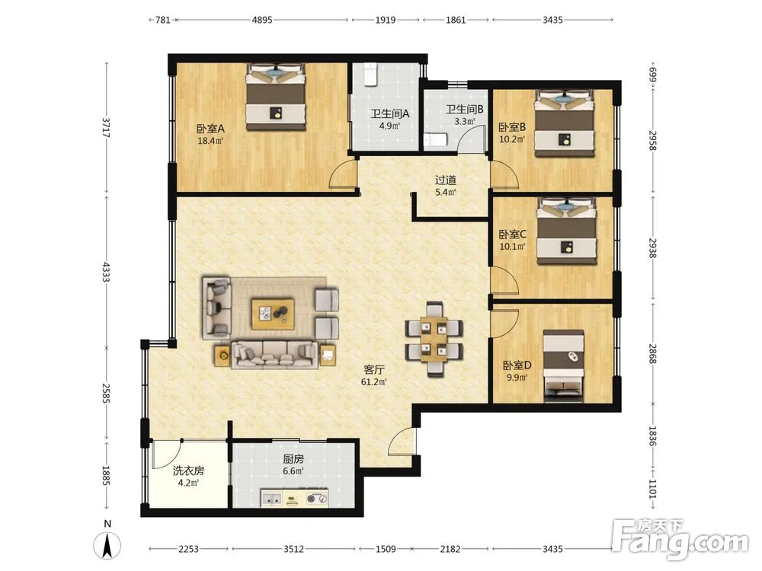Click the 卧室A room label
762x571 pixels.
point(210,129)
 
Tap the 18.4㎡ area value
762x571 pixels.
point(210,142)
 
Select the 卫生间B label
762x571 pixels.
point(465,110)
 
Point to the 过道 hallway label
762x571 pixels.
point(446,180)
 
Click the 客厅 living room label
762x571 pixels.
point(374,370)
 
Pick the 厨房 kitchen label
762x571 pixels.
point(293,459)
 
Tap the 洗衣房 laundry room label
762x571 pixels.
point(188,471)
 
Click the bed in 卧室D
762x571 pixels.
point(563,366)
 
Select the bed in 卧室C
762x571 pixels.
point(567,231)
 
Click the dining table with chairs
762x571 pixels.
point(434,339)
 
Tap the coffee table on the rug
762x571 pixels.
point(273,314)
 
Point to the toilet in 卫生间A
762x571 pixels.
point(371,76)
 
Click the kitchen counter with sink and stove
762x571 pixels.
point(295,498)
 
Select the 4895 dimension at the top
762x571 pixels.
point(262,20)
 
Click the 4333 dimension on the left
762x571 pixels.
point(107,272)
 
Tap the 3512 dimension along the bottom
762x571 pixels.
point(293,549)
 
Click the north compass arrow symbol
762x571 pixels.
point(107,545)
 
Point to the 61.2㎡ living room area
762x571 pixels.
point(374,382)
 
